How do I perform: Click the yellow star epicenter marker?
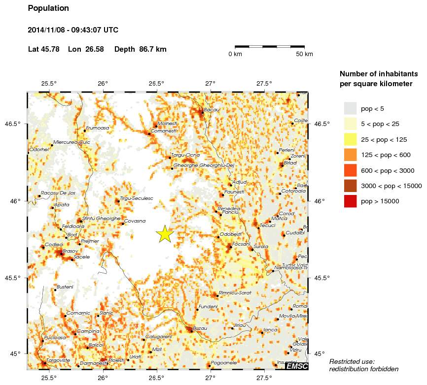click(x=165, y=234)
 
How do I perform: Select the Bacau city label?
click(x=212, y=109)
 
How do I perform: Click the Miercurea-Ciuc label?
click(x=71, y=142)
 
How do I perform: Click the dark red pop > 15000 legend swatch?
click(x=350, y=201)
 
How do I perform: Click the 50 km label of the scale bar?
click(x=304, y=54)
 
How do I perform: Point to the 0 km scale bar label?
click(x=235, y=54)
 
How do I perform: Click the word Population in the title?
click(x=48, y=8)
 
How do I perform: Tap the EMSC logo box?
click(x=297, y=366)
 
